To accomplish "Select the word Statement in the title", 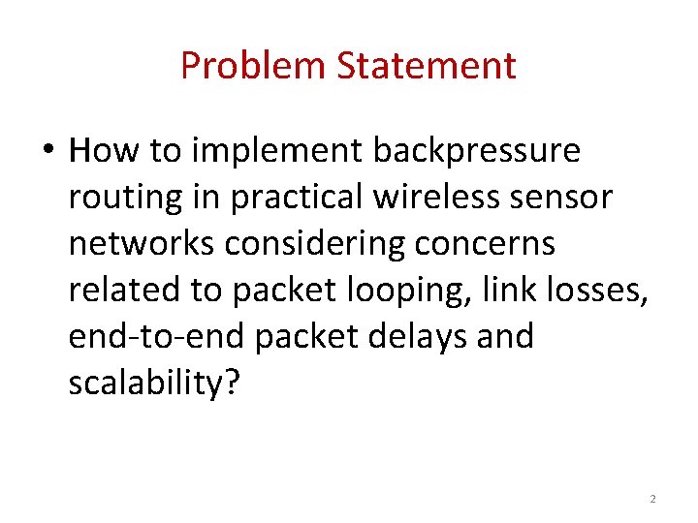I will pyautogui.click(x=427, y=66).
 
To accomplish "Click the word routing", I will pyautogui.click(x=126, y=198).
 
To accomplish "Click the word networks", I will pyautogui.click(x=142, y=244).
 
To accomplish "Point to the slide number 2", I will pyautogui.click(x=652, y=499).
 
